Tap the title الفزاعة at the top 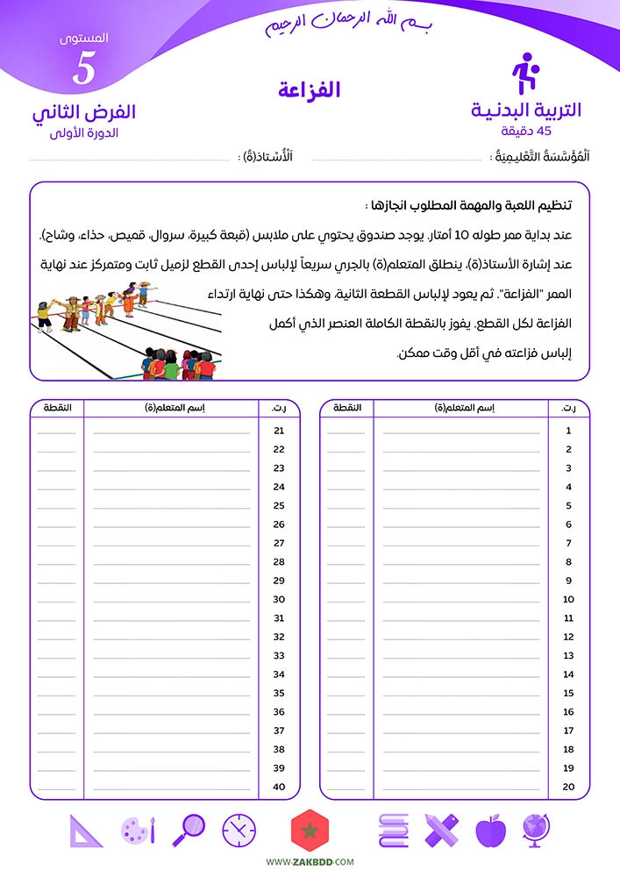[x=309, y=89]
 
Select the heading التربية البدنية [x=526, y=111]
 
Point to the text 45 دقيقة [x=526, y=131]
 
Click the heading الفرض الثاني [x=83, y=112]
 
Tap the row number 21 [x=280, y=431]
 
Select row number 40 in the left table [x=280, y=787]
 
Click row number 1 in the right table [x=568, y=431]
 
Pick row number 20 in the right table [x=568, y=787]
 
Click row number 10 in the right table [x=568, y=600]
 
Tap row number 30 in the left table [x=280, y=600]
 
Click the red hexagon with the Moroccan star [x=309, y=830]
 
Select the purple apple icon [x=490, y=830]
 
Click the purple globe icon [x=536, y=830]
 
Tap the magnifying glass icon [x=189, y=830]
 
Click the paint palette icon [x=139, y=830]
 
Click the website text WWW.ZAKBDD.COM [x=310, y=863]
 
